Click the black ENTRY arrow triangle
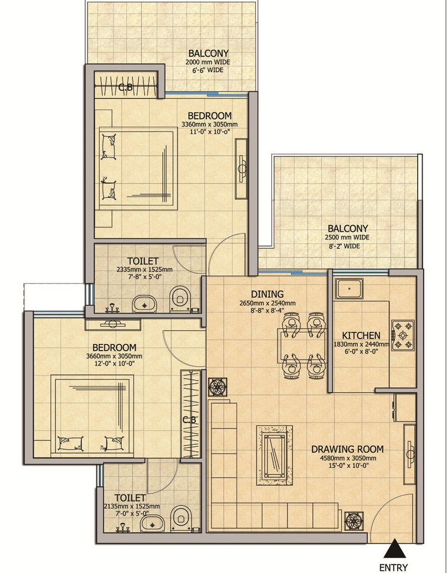tap(394, 549)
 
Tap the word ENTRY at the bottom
tap(394, 567)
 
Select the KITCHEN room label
tap(361, 336)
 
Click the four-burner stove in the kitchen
tap(403, 335)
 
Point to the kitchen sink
tap(350, 288)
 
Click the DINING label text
tap(267, 294)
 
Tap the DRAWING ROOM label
tap(347, 449)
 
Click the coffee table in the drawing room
tap(275, 455)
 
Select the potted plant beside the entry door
tap(354, 521)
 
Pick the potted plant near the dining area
tap(218, 387)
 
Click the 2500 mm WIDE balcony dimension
tap(347, 237)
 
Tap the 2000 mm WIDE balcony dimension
tap(208, 62)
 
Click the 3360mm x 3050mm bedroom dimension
tap(209, 124)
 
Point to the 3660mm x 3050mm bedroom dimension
tap(114, 356)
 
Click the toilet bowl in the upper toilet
tap(180, 298)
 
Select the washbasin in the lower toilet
tap(152, 524)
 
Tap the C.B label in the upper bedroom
tap(125, 87)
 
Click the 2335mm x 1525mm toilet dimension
tap(145, 270)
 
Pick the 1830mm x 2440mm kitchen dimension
tap(361, 344)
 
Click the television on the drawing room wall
tap(410, 454)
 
